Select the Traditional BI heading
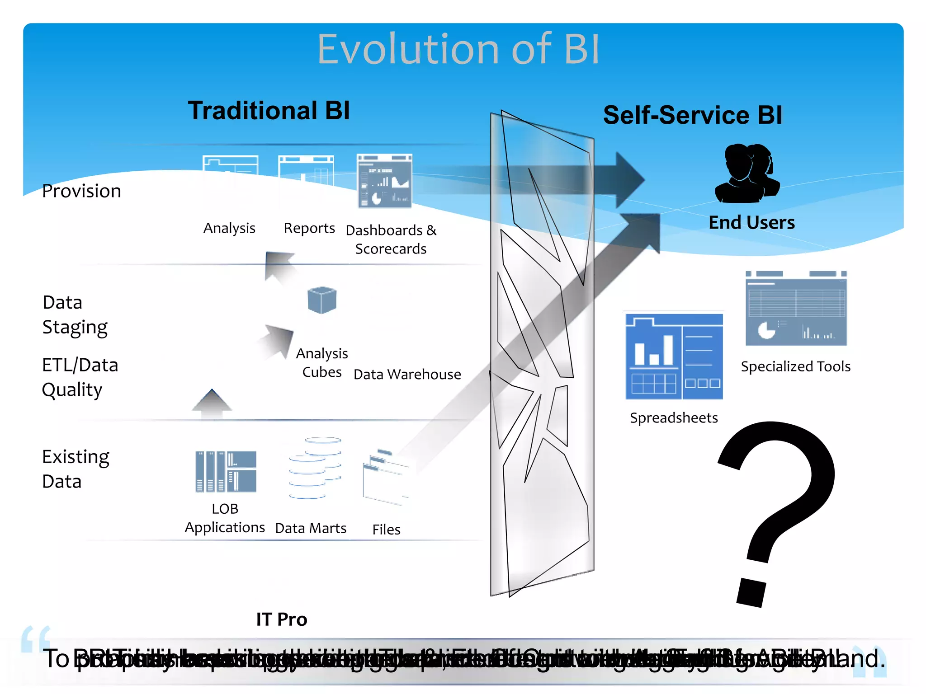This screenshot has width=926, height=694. (269, 111)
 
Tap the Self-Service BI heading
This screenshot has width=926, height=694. (692, 115)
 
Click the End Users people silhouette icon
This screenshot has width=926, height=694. (747, 174)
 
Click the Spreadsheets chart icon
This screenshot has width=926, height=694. (674, 357)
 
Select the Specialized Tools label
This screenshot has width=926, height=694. (795, 366)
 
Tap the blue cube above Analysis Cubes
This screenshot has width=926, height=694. (322, 300)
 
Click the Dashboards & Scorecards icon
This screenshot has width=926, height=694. (385, 181)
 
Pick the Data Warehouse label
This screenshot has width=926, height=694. (407, 375)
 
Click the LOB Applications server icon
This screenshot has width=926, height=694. (226, 471)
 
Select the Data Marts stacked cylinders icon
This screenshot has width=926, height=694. (315, 468)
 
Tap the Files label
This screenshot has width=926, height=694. (386, 530)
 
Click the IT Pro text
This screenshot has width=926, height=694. (281, 619)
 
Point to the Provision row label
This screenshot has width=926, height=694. (81, 191)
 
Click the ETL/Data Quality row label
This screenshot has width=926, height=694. (80, 377)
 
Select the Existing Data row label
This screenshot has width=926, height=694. (76, 469)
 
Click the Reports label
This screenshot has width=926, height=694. (309, 229)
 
